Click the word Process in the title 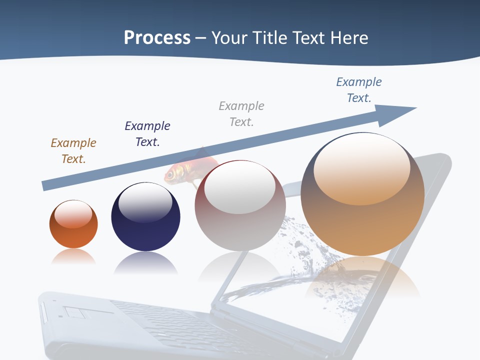[157, 37]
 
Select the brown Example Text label [73, 150]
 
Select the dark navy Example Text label [147, 133]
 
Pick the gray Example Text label [241, 113]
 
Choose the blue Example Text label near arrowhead [358, 89]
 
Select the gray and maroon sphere [240, 225]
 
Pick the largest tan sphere [362, 225]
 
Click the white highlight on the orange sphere [73, 214]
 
